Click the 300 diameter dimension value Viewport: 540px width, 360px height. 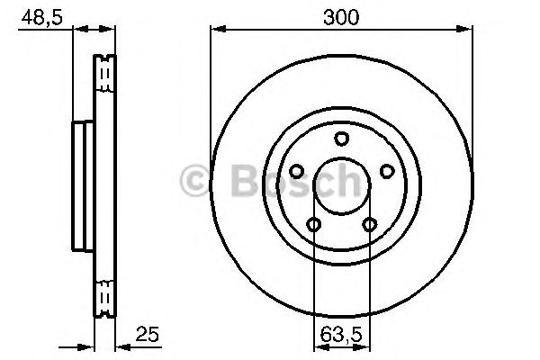tap(341, 17)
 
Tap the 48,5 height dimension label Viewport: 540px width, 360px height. tap(42, 18)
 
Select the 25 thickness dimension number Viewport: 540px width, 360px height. tap(148, 334)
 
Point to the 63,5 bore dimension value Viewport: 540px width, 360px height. tap(341, 335)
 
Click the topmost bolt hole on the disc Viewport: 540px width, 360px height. tap(342, 139)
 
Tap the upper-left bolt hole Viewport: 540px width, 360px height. tap(296, 171)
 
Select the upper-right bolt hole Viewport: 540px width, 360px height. tap(387, 171)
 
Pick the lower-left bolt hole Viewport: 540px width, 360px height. tap(314, 225)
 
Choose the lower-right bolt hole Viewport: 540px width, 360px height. tap(370, 225)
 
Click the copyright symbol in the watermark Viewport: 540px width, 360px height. tap(194, 180)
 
